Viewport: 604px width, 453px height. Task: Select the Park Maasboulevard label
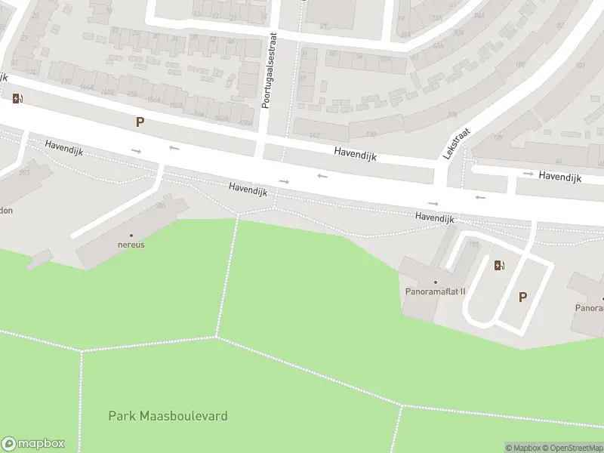click(168, 416)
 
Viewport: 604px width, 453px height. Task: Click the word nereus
click(131, 245)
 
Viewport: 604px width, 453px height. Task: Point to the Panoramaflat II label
click(435, 291)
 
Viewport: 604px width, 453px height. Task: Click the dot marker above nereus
click(131, 236)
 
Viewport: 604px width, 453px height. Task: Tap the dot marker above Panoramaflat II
click(435, 282)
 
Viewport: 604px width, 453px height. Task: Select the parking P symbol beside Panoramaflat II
click(522, 297)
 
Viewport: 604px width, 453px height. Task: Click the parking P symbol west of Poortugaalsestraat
click(140, 122)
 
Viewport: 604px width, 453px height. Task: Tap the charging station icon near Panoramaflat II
click(498, 265)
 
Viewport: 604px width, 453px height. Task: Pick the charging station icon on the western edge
click(17, 98)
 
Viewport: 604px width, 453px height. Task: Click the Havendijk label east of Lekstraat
click(559, 176)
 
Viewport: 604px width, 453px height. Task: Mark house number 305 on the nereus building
click(160, 205)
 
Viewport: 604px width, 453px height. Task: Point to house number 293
click(23, 173)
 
